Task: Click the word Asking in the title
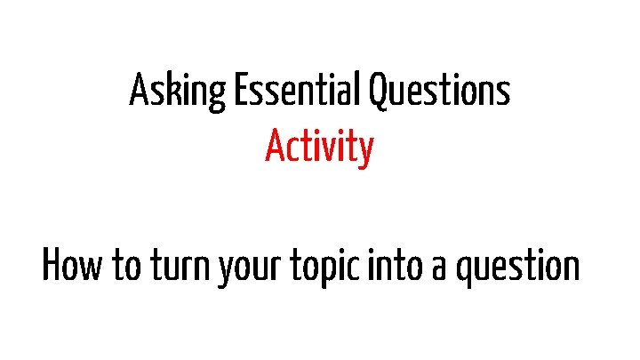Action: pos(177,92)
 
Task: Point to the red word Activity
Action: pos(319,148)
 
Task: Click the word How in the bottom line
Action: pos(74,266)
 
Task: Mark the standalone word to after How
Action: pos(125,267)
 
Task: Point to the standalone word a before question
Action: pos(438,268)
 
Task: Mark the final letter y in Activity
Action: pos(364,151)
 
